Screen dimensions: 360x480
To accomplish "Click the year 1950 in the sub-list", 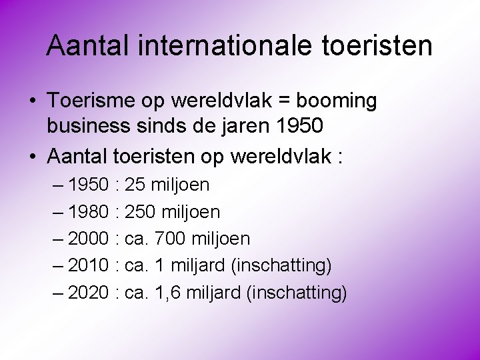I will point(89,185).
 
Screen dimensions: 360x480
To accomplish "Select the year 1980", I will point(89,212).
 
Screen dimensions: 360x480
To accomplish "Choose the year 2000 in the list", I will point(89,239).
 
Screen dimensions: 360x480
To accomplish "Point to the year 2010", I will point(89,266).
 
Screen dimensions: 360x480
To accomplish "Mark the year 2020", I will point(89,293).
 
